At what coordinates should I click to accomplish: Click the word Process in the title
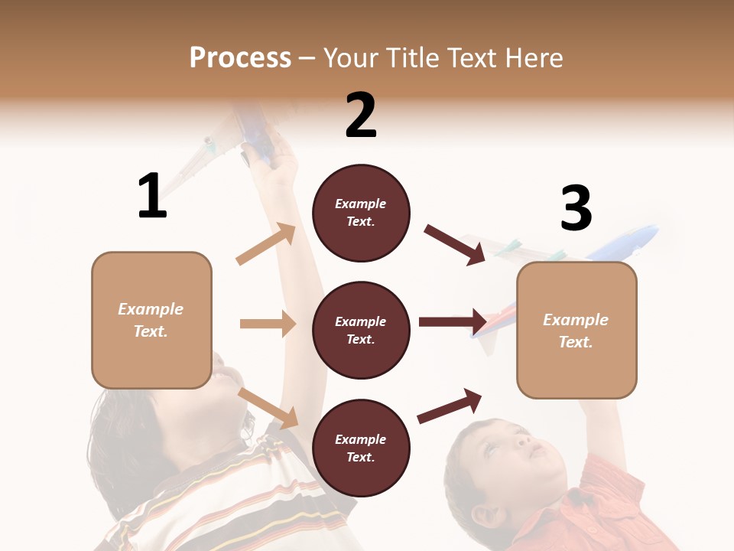240,57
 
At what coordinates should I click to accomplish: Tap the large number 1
152,197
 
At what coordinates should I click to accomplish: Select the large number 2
361,116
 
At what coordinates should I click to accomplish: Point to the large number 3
576,209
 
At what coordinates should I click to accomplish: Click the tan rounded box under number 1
151,320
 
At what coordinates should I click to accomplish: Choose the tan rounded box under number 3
576,330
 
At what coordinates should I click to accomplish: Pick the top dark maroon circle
361,213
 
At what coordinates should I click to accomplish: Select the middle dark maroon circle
361,330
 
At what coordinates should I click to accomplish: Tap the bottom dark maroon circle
361,448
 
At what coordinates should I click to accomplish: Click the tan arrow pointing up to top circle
266,244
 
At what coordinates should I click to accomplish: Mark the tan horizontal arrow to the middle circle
268,324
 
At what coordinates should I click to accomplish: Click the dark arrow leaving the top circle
454,244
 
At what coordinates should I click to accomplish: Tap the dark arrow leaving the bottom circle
450,406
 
